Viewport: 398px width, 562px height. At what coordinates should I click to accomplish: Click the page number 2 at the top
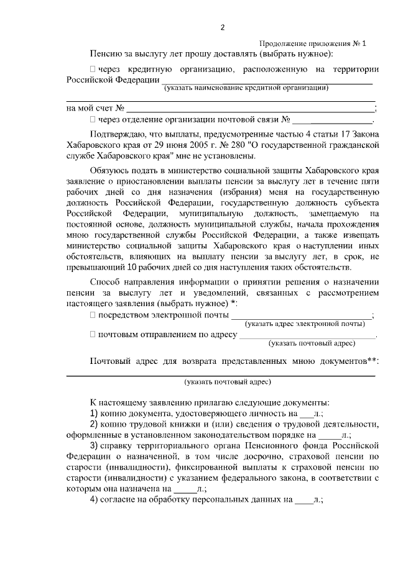click(223, 27)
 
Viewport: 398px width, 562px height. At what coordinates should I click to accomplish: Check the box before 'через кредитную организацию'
click(93, 68)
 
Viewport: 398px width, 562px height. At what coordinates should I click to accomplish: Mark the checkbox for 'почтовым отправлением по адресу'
click(93, 335)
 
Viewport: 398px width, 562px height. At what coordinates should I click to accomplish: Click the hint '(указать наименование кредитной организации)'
click(246, 88)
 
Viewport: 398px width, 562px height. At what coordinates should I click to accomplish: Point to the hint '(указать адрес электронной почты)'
click(305, 324)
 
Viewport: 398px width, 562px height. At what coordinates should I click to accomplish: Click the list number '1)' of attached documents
click(95, 413)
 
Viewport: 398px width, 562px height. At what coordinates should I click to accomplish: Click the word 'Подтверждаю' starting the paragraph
click(116, 134)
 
